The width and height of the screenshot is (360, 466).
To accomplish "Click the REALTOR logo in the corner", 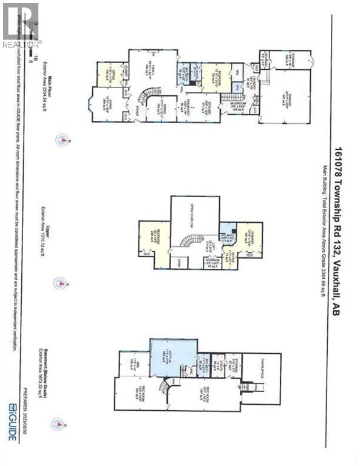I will point(21,24).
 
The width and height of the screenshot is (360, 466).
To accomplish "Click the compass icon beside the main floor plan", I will point(61,141).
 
